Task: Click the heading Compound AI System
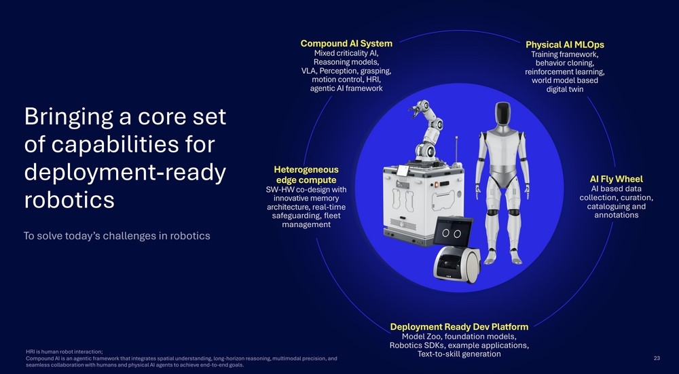(346, 44)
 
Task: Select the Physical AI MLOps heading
(564, 45)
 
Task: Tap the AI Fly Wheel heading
(617, 179)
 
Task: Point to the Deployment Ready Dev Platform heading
(459, 327)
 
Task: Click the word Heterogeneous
(306, 169)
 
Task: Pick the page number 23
(657, 358)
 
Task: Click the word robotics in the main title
(69, 201)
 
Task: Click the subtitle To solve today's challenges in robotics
(117, 236)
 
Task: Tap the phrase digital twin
(564, 90)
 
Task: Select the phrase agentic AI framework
(346, 88)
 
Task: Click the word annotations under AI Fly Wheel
(616, 215)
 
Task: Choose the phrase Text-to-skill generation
(459, 354)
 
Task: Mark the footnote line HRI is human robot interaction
(64, 351)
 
